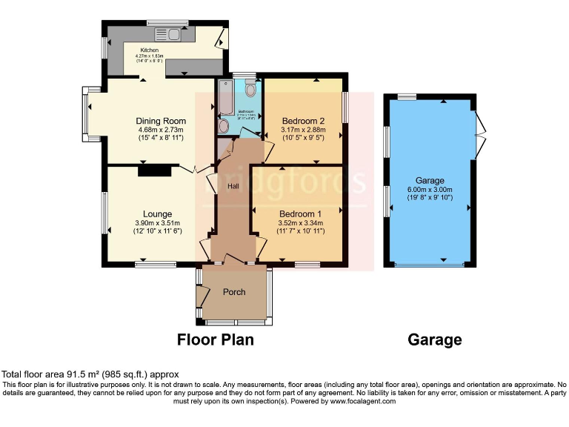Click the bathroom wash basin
224,126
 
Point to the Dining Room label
160,121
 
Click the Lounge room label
158,214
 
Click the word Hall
233,186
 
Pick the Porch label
234,291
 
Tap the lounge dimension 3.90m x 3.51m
159,223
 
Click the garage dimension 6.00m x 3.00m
430,190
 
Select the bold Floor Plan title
215,340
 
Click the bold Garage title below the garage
435,340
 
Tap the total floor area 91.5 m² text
90,374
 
